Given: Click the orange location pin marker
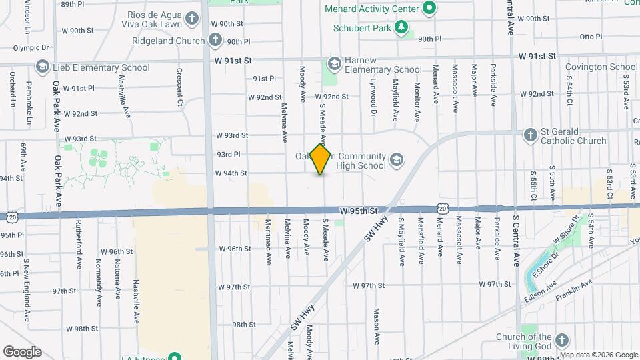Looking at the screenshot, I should pos(321,159).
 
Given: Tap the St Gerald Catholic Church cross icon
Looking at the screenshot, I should pos(531,135).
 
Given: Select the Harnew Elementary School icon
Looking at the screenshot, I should pos(333,65).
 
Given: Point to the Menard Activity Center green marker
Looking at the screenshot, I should pos(429,9).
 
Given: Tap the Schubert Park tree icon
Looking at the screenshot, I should pos(401,27).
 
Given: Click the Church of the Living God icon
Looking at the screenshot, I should pos(562,341).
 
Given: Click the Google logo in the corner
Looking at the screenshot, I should pos(22,352).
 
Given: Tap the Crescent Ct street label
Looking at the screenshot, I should pos(179,78).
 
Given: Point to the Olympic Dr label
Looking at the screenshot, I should pos(31,48).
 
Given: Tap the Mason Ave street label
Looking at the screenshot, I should pos(377,320).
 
